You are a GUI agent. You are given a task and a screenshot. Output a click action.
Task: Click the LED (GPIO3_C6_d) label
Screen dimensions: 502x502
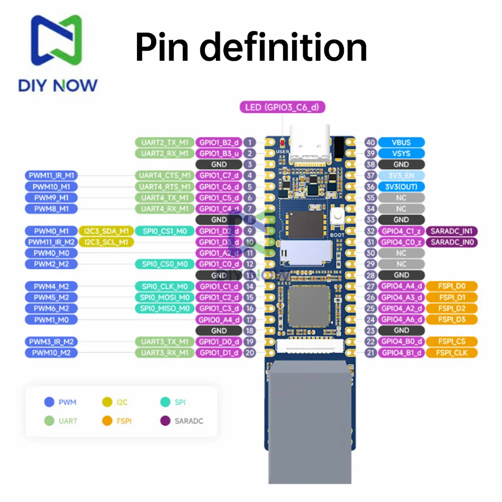(x=283, y=107)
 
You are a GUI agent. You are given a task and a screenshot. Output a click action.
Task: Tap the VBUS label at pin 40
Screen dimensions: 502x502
(x=401, y=143)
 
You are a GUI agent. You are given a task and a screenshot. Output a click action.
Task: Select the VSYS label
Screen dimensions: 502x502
(x=401, y=154)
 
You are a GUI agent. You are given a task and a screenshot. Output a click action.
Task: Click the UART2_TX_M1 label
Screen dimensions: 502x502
(x=164, y=143)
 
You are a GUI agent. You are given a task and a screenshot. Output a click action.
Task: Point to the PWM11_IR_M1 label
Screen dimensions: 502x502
(x=51, y=176)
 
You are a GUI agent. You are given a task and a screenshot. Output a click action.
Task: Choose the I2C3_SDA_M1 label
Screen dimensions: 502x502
(x=105, y=231)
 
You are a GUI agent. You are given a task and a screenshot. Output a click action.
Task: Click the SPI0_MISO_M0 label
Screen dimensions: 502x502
(x=164, y=308)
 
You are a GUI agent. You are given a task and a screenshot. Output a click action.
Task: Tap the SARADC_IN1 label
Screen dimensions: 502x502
(x=451, y=231)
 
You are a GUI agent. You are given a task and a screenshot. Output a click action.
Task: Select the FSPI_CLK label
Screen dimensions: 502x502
(x=451, y=352)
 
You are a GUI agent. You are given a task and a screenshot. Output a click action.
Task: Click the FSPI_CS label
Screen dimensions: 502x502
(x=451, y=341)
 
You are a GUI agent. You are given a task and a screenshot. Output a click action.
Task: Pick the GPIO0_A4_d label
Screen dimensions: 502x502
(x=219, y=319)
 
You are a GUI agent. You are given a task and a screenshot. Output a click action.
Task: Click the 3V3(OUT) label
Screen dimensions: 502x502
(x=401, y=187)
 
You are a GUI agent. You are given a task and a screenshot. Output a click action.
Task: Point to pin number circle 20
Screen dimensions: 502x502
(x=249, y=352)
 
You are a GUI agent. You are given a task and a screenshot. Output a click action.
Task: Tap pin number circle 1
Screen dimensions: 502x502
(x=249, y=143)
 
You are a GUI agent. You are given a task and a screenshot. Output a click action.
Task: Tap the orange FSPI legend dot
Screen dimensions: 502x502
(x=106, y=421)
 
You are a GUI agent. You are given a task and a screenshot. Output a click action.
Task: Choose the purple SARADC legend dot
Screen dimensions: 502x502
(x=164, y=421)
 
